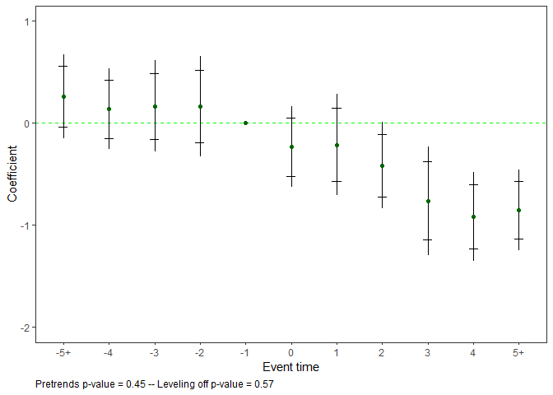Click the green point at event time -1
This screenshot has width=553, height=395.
click(245, 123)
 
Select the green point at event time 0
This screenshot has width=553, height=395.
click(291, 146)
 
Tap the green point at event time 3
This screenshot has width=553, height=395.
click(428, 201)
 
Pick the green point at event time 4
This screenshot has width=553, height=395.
click(473, 216)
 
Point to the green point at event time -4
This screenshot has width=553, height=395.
click(109, 109)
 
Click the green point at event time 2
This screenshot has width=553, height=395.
click(382, 165)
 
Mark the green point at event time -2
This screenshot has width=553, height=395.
click(200, 106)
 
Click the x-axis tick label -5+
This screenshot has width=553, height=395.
click(63, 352)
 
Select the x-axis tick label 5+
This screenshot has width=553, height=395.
click(518, 352)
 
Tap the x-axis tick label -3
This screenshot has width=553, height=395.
click(154, 352)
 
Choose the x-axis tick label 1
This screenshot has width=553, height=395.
click(337, 352)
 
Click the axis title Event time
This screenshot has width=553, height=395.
click(290, 367)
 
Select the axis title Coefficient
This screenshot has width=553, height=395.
click(12, 174)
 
